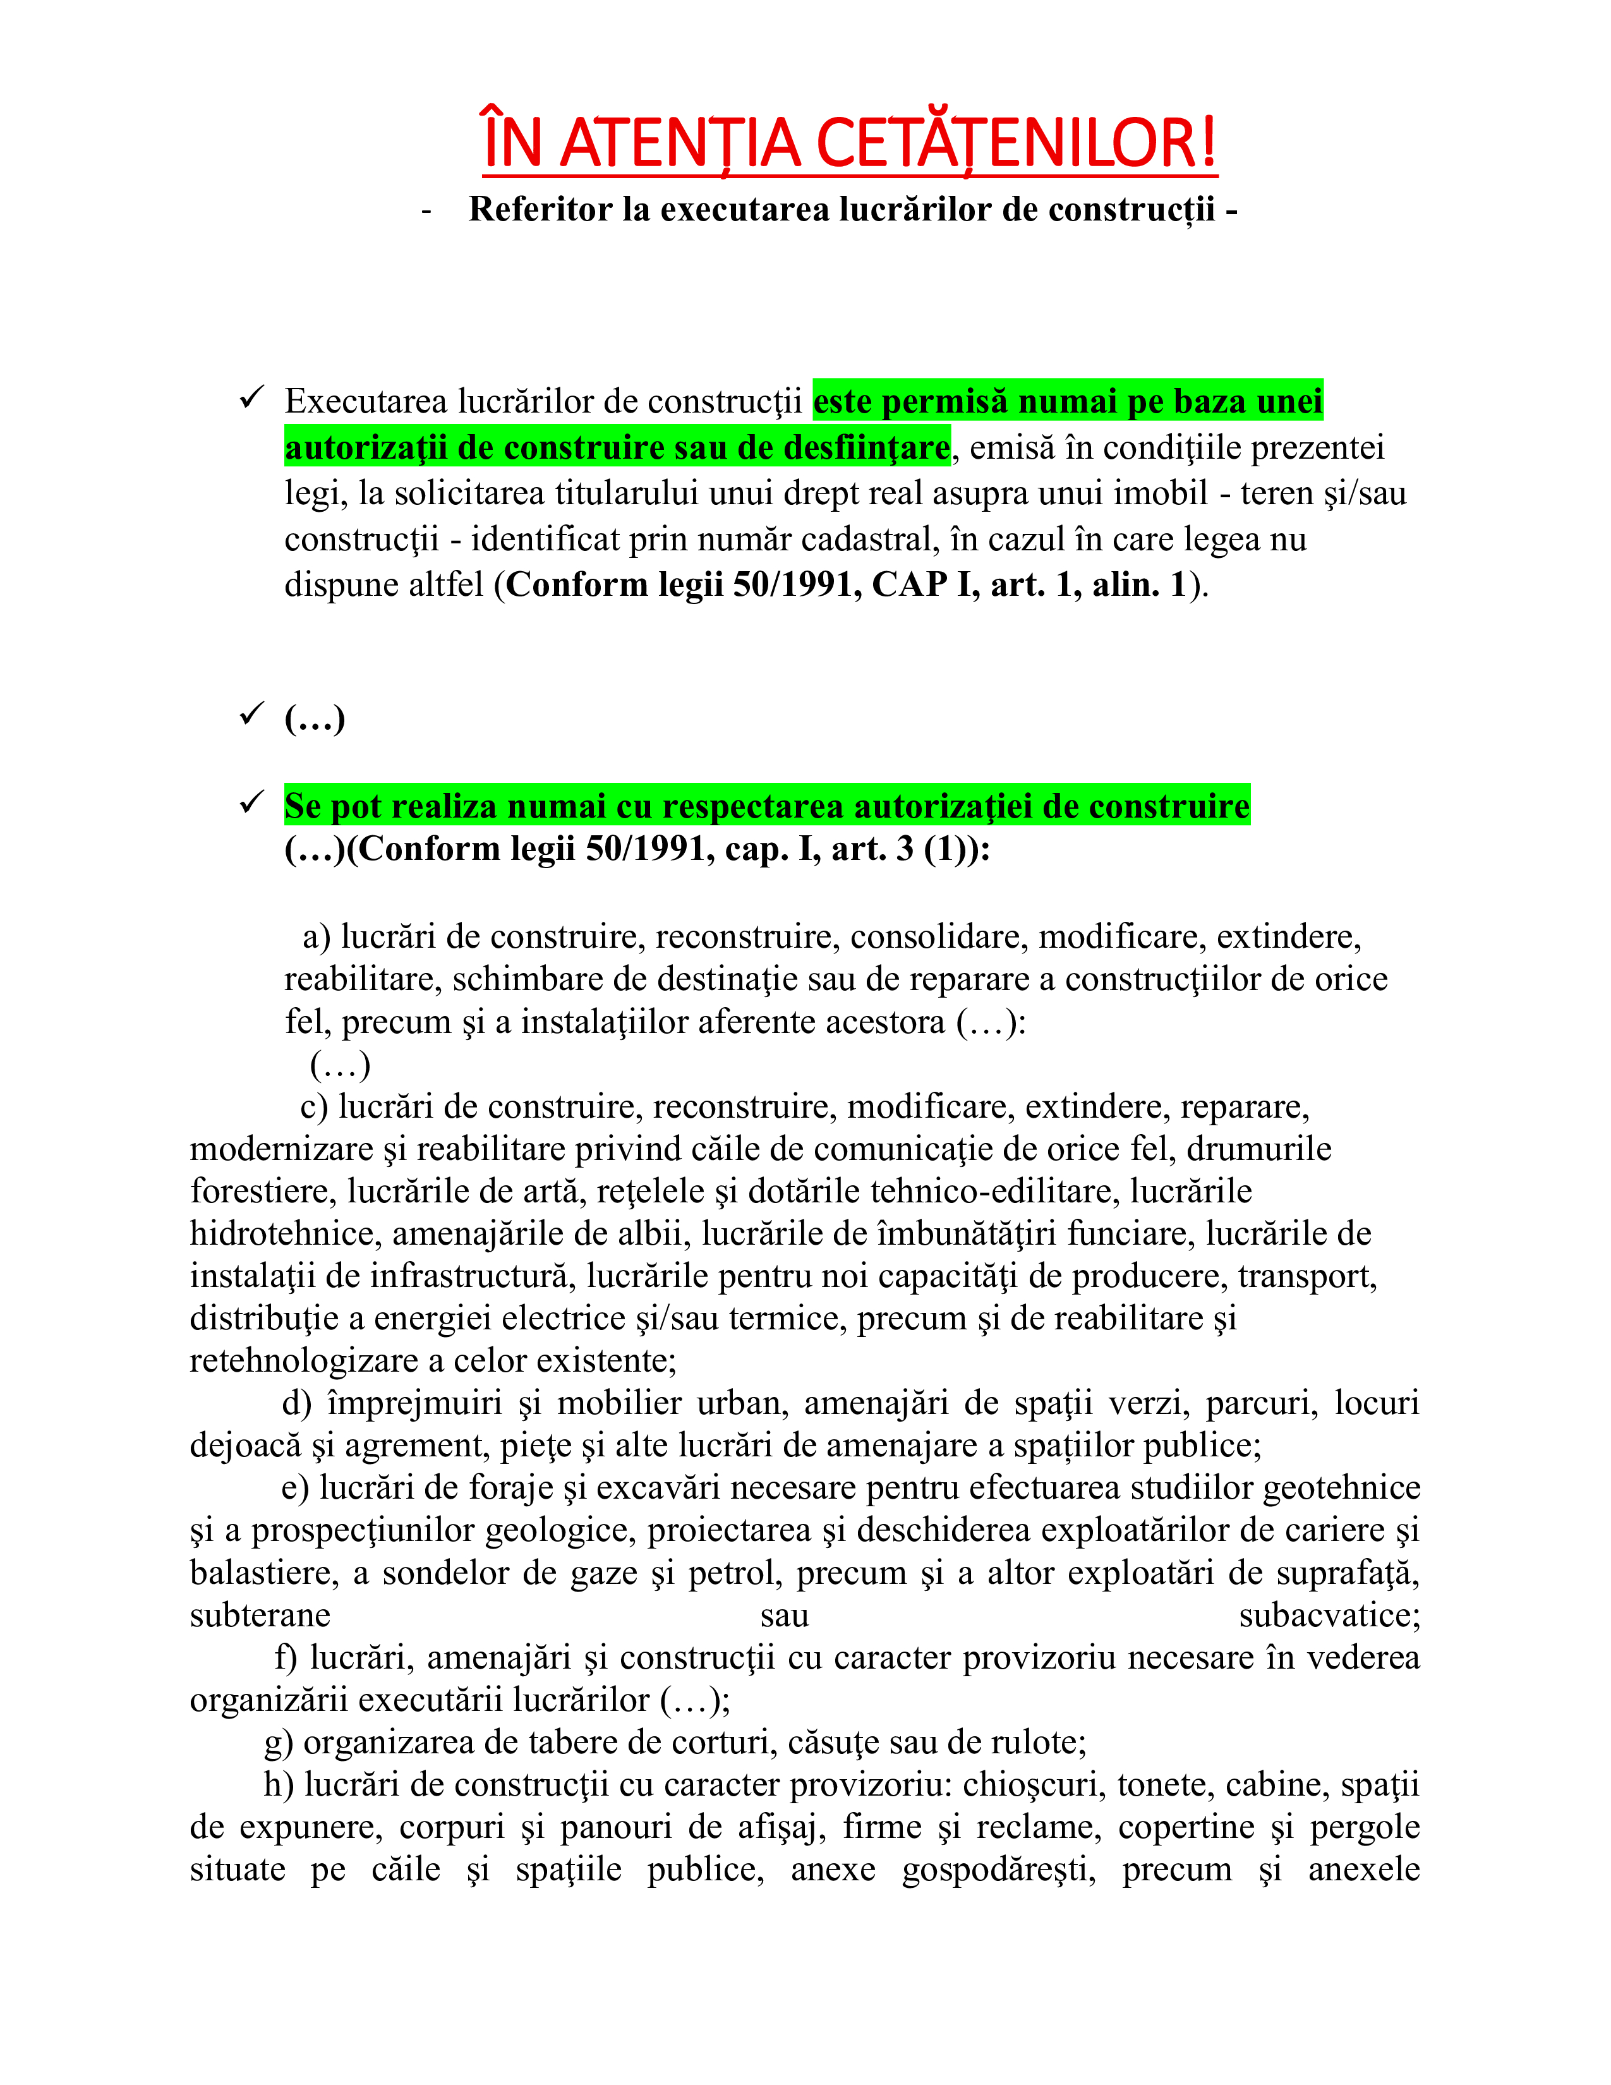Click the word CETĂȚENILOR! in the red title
point(1017,143)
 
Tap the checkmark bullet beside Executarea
point(252,397)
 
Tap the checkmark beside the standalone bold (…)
point(252,713)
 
